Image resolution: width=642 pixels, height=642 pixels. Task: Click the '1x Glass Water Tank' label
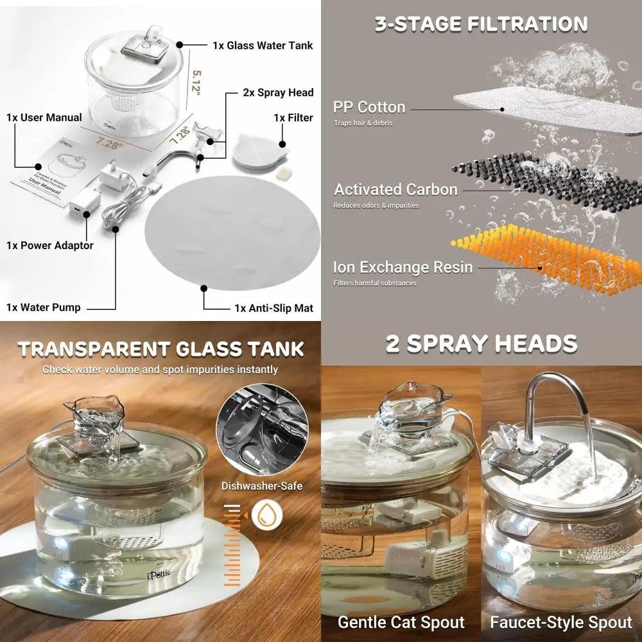[x=263, y=46]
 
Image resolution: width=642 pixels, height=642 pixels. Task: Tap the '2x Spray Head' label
[x=278, y=92]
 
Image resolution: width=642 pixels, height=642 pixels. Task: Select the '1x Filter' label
[x=293, y=117]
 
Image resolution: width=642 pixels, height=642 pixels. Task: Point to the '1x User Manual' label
[x=44, y=117]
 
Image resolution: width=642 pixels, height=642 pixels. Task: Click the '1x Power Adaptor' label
[x=50, y=245]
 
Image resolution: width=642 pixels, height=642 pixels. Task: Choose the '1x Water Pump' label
[x=44, y=308]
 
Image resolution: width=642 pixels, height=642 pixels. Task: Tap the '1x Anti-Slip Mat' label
[x=273, y=308]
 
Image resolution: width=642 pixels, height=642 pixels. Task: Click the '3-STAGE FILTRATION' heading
[x=481, y=24]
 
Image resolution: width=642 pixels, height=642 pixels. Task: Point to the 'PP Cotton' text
[x=369, y=107]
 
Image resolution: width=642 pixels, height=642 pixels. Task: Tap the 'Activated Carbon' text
[x=395, y=189]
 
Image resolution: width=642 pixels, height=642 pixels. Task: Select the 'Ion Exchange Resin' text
[x=403, y=267]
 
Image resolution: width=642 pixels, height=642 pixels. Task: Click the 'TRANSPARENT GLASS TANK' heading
[x=160, y=349]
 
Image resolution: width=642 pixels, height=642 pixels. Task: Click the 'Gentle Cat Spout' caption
[x=401, y=622]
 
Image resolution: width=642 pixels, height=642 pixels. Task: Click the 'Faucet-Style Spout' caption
[x=561, y=622]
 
